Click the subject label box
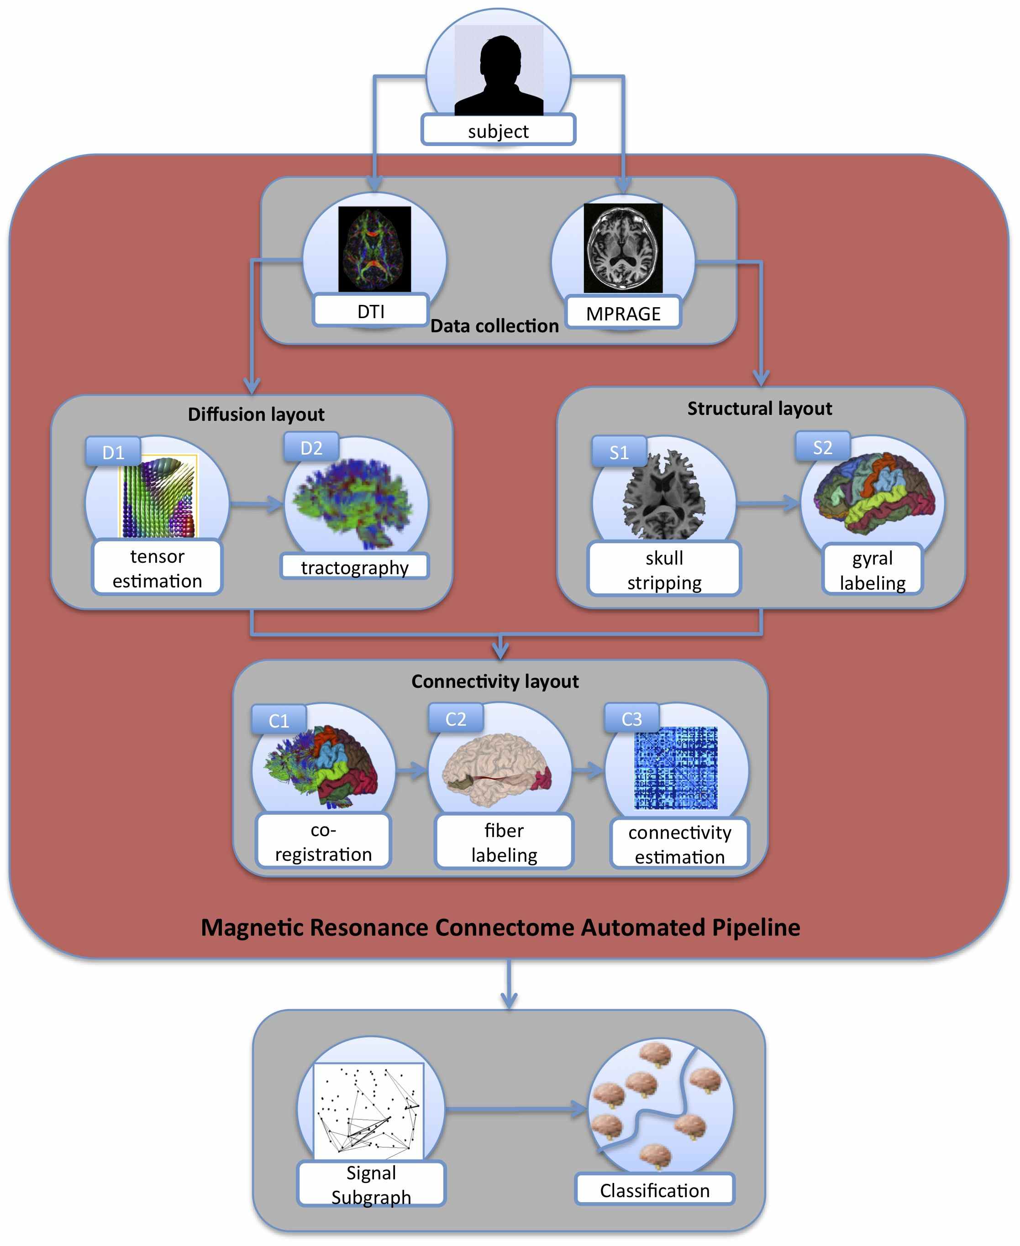pos(498,131)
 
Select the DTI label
pos(371,311)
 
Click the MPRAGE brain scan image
pos(623,248)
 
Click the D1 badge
pos(113,452)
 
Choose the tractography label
pos(354,567)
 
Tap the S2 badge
pos(822,447)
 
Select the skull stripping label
pos(664,570)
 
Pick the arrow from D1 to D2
pos(256,504)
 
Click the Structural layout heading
pos(759,408)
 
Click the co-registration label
pos(323,842)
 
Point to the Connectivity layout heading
pos(495,681)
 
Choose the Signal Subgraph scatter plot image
pos(368,1110)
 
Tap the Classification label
pos(655,1190)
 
